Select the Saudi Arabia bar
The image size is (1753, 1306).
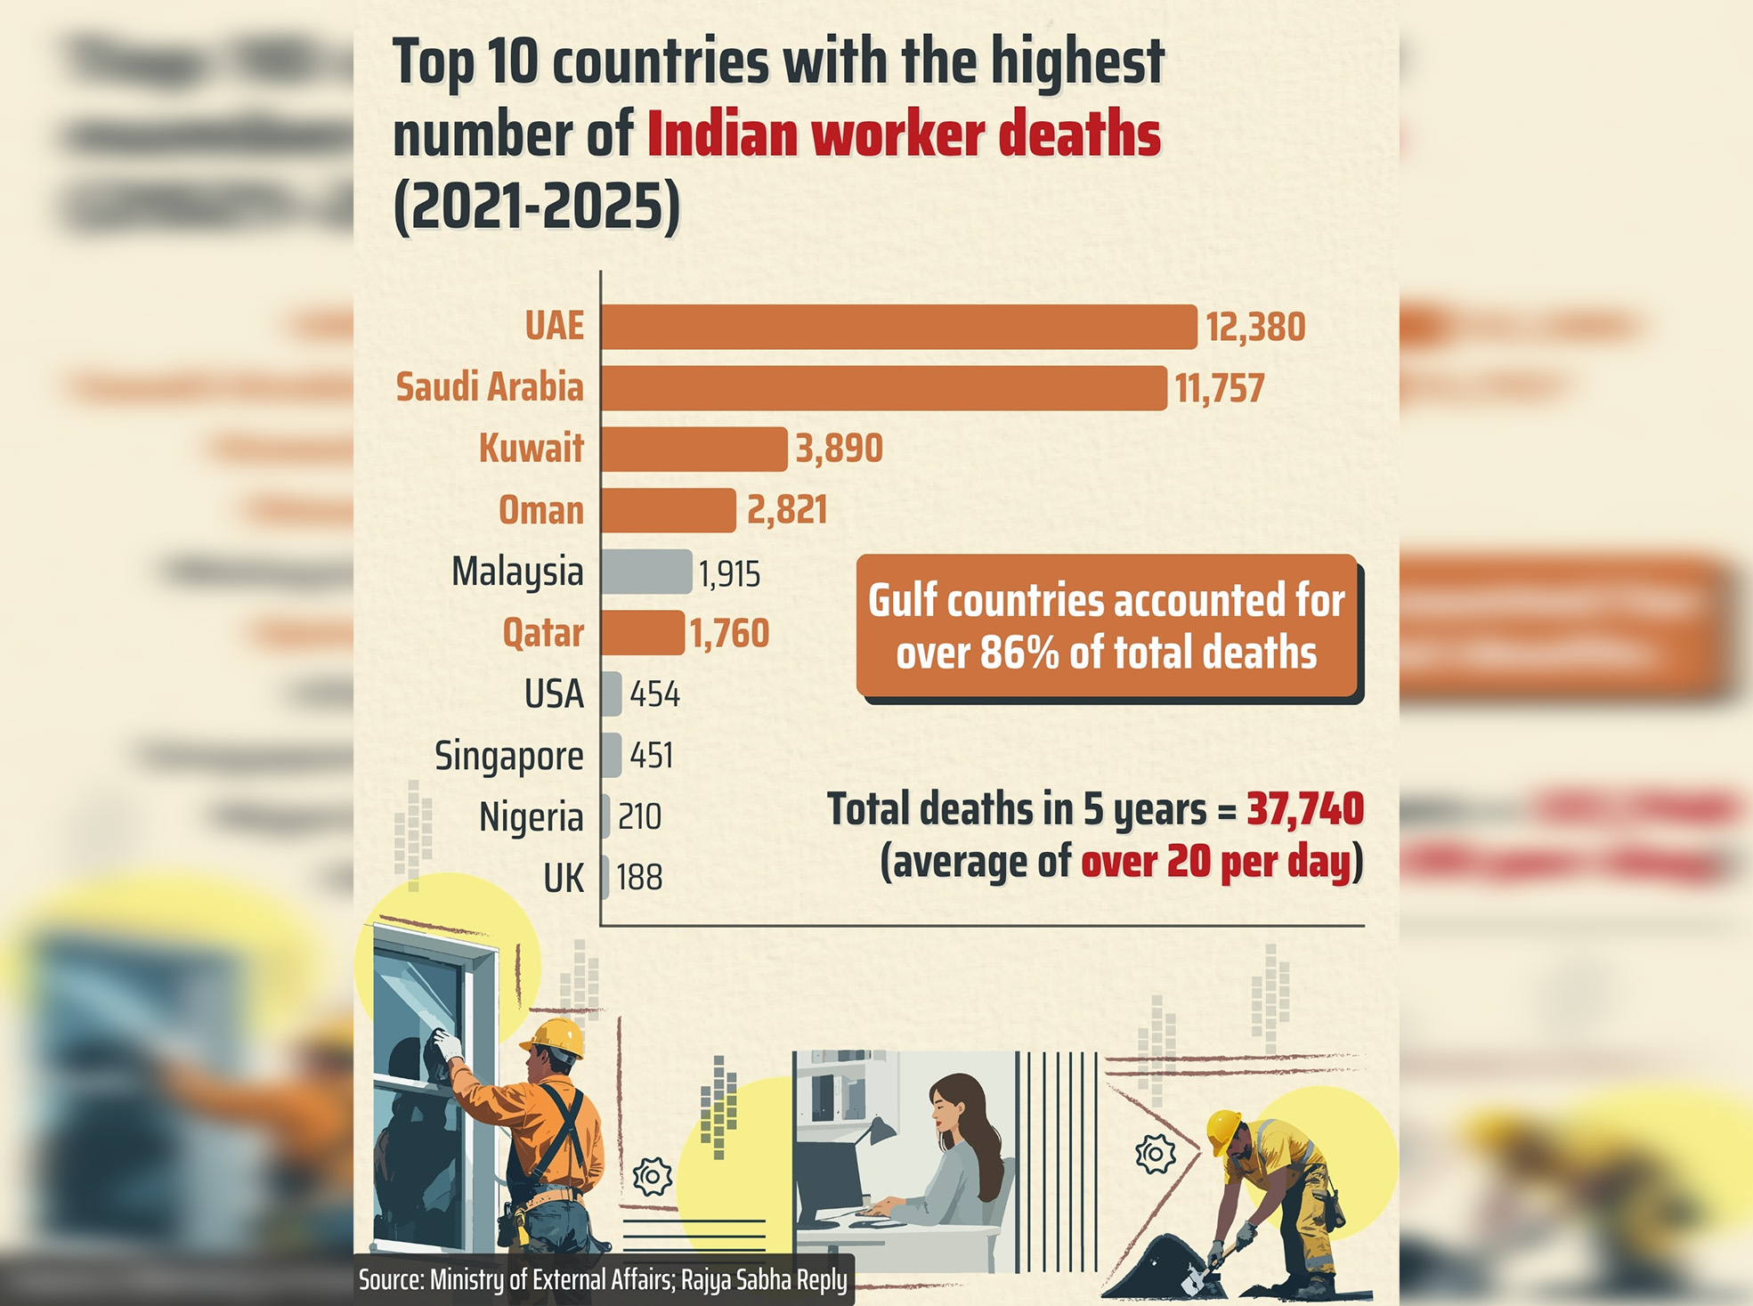click(883, 388)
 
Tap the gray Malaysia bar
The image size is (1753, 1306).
click(645, 572)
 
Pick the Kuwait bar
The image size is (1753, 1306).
click(694, 449)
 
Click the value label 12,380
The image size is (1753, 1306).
click(1255, 328)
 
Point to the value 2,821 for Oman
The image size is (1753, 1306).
click(787, 511)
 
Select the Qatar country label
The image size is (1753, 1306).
click(543, 633)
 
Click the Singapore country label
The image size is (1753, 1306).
click(508, 757)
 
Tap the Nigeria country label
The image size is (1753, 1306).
click(531, 817)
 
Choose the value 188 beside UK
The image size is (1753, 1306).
click(639, 879)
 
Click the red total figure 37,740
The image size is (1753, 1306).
click(1304, 809)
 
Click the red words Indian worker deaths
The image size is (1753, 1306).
click(904, 135)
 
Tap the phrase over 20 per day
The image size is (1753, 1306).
click(1216, 863)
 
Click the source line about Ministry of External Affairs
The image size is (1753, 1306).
click(603, 1280)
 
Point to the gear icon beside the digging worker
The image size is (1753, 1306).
click(1155, 1155)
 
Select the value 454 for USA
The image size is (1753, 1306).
click(654, 694)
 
